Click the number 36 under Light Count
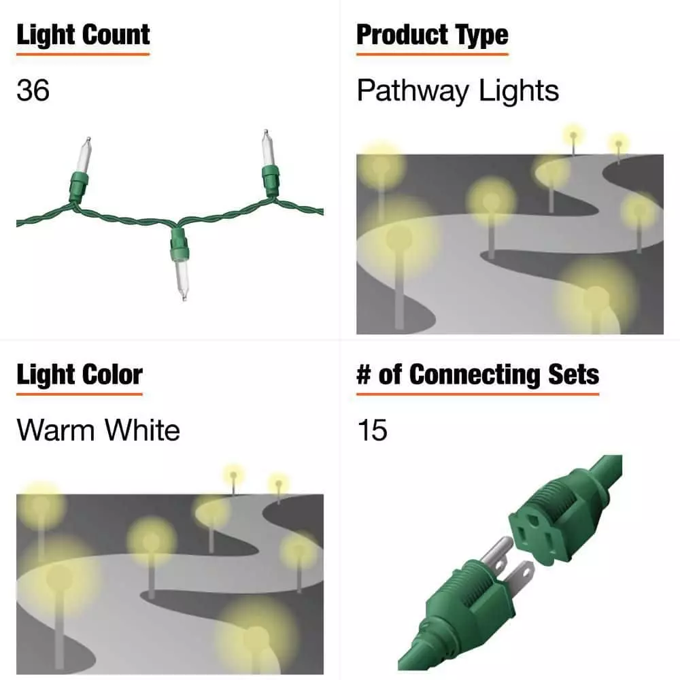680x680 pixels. point(33,90)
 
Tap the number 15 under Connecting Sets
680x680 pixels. point(372,430)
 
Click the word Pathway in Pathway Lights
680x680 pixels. point(413,92)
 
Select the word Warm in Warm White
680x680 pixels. point(56,430)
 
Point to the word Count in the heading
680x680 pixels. point(116,35)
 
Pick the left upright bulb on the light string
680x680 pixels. point(81,170)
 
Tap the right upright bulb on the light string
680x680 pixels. point(269,164)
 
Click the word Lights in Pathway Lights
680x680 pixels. point(519,92)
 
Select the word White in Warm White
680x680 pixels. point(142,430)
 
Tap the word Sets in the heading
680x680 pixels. point(573,375)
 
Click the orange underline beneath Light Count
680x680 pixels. point(83,54)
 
